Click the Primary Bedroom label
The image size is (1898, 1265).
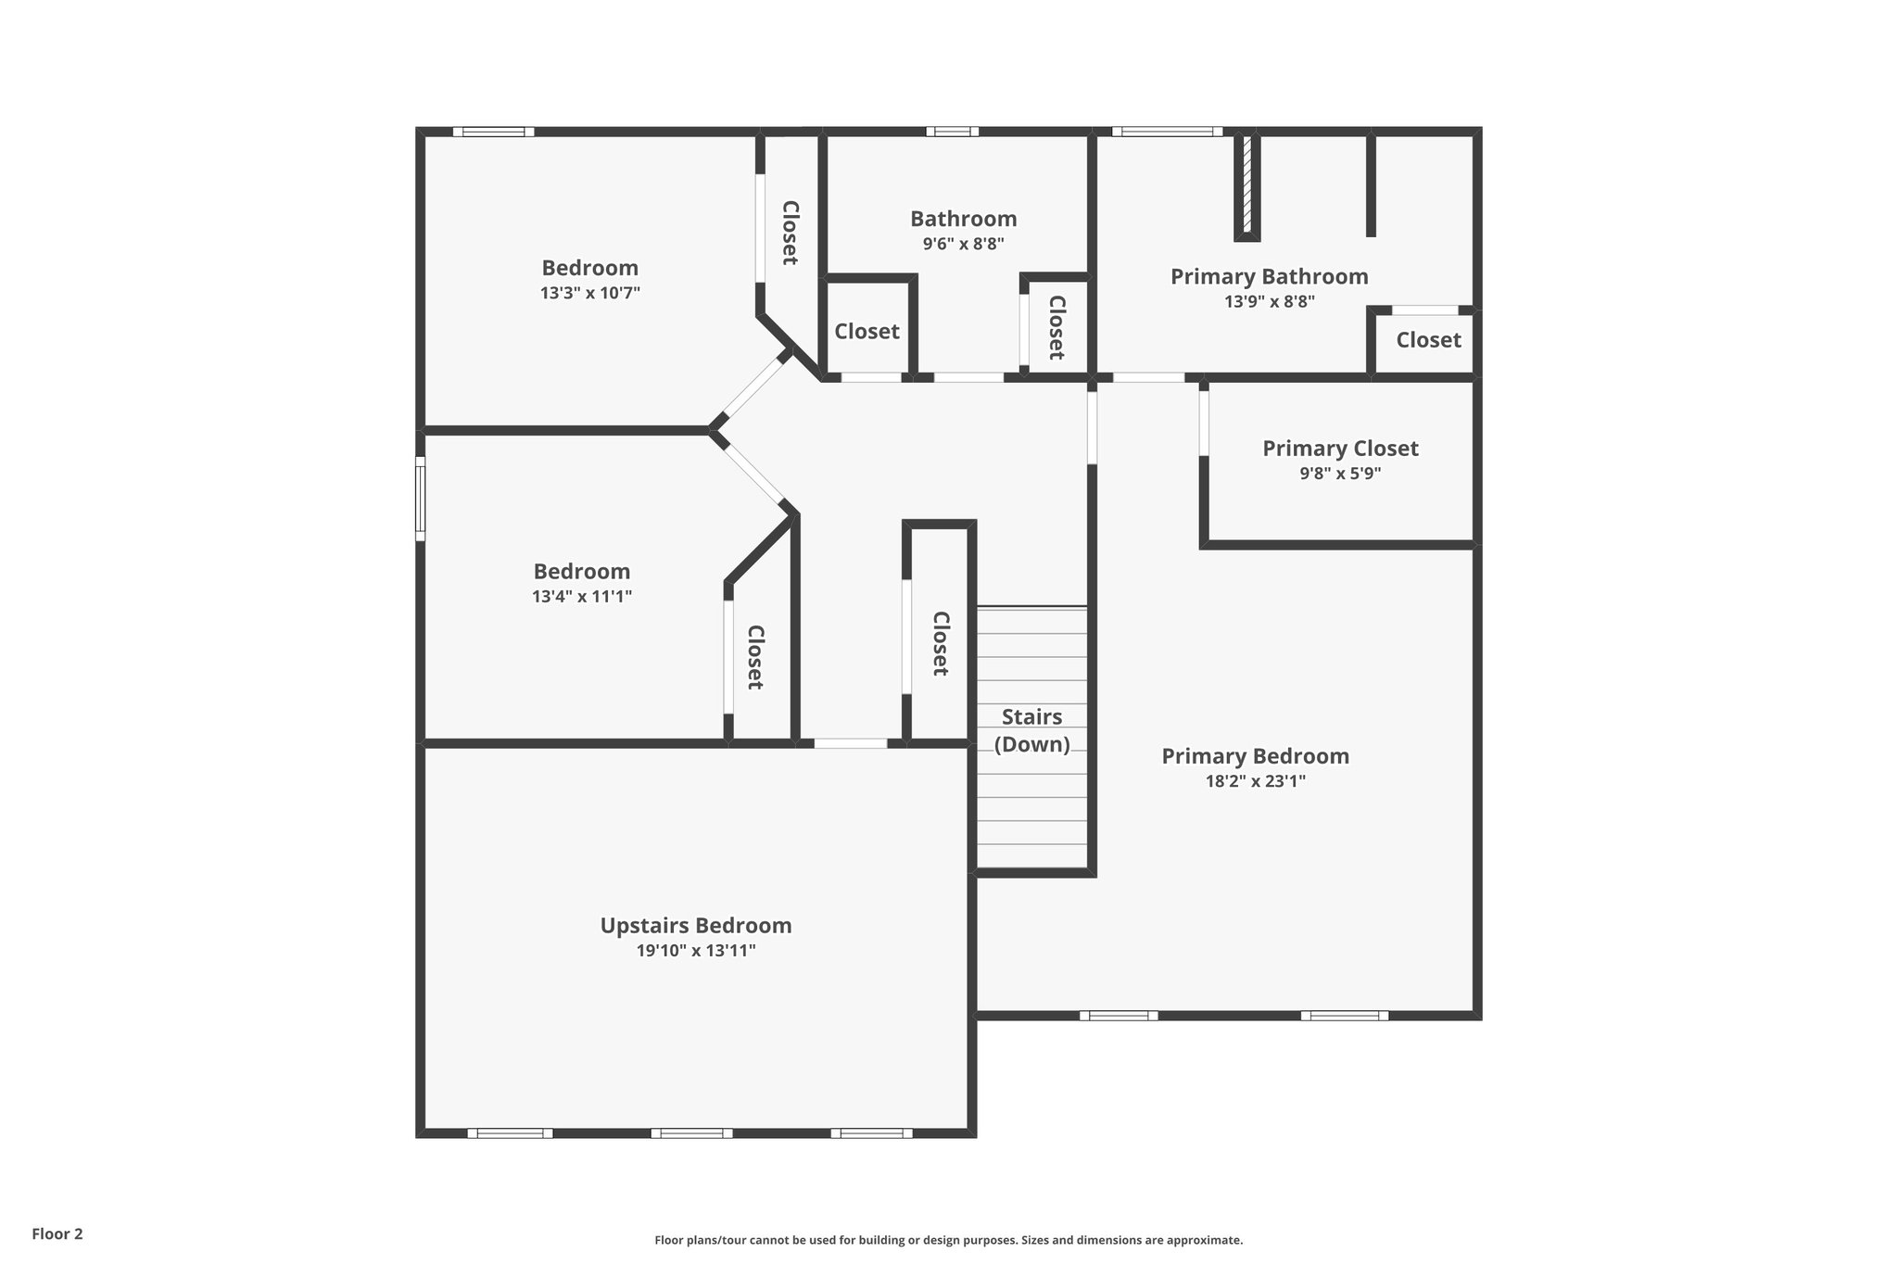coord(1255,756)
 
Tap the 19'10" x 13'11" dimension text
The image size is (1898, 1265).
coord(695,950)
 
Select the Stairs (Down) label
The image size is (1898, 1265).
coord(1031,730)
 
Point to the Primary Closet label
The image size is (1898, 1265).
coord(1340,449)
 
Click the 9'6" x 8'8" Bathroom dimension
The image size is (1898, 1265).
coord(963,244)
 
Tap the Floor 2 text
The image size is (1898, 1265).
coord(57,1233)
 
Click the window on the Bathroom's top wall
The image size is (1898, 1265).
coord(952,132)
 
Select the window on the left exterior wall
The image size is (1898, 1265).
coord(420,498)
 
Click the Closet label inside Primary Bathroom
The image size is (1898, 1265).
coord(1428,340)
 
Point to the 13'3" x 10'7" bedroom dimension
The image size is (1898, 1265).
coord(590,293)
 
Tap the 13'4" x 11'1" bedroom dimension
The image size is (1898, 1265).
coord(582,596)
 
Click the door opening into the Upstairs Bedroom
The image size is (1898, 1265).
coord(850,743)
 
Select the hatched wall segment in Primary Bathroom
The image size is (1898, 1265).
coord(1246,184)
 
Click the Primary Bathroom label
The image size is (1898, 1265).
coord(1269,276)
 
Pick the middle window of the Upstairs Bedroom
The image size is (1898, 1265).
coord(691,1132)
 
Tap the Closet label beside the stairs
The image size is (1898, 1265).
coord(940,643)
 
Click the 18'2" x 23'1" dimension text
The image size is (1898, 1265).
coord(1255,781)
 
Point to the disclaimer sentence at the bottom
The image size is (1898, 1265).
coord(948,1240)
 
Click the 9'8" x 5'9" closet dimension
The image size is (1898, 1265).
coord(1340,474)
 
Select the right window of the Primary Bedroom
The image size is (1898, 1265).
coord(1344,1016)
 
